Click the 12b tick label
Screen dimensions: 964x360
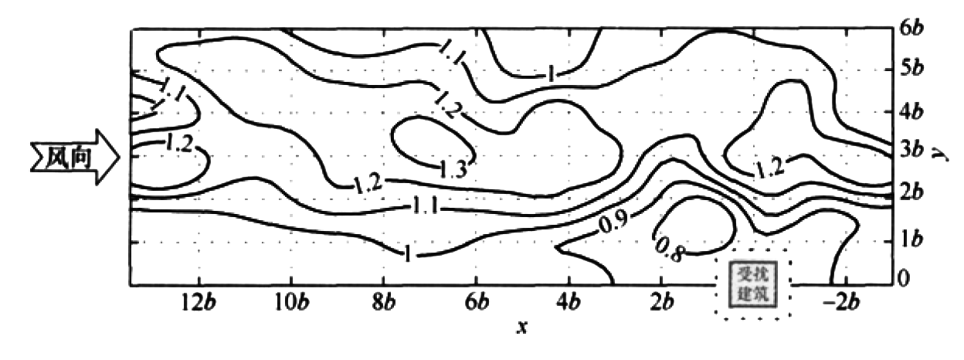[x=198, y=303]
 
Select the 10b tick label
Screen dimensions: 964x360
[x=292, y=303]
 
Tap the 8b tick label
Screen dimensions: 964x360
[x=384, y=303]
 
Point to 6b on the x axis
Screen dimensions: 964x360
[x=477, y=303]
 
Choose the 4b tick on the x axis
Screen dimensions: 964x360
[x=569, y=303]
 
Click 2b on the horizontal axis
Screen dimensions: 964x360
[x=662, y=303]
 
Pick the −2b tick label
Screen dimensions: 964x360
[x=842, y=303]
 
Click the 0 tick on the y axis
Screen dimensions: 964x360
[x=905, y=279]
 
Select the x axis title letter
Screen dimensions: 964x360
[x=522, y=328]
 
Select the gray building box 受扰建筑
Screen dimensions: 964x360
[x=753, y=284]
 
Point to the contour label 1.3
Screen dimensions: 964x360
[x=453, y=170]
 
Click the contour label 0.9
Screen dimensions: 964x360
[x=613, y=222]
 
